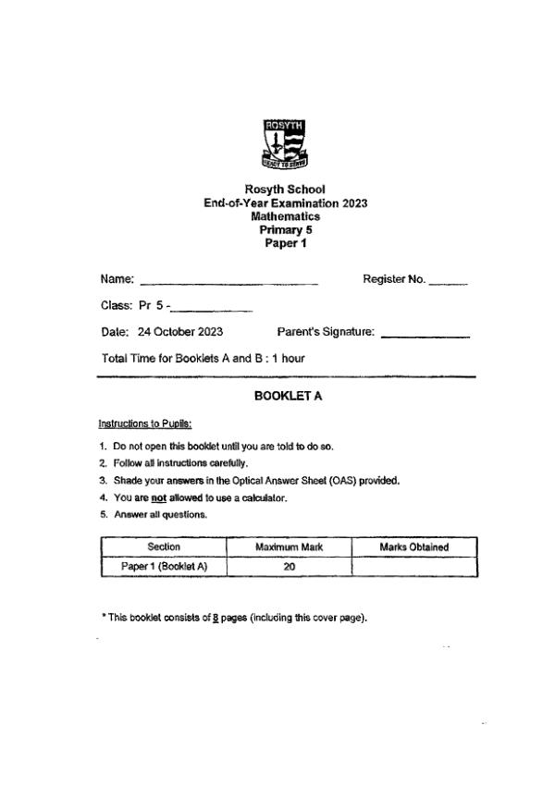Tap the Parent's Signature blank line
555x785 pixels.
(x=425, y=334)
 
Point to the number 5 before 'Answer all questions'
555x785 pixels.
(x=102, y=515)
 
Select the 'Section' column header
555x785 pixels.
(x=163, y=547)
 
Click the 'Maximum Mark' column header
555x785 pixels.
(x=289, y=547)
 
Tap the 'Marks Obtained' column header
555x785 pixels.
(x=414, y=547)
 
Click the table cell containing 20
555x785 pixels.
(x=289, y=567)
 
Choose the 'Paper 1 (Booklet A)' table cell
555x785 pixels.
(x=163, y=567)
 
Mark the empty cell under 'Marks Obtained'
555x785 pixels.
(x=414, y=567)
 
